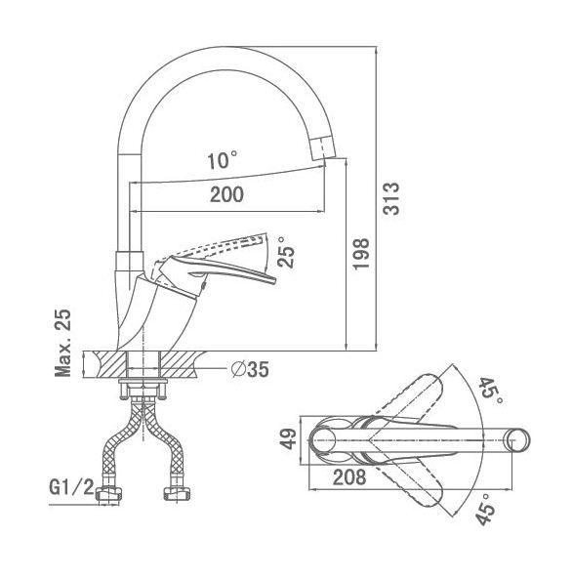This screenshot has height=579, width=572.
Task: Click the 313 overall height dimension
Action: (391, 198)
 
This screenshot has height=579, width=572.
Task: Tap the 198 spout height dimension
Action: (361, 254)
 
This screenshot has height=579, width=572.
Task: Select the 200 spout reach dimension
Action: (226, 194)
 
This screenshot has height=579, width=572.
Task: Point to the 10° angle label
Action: (222, 161)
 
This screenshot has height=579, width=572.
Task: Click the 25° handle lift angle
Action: (286, 252)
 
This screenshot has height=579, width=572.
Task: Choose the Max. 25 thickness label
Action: (62, 343)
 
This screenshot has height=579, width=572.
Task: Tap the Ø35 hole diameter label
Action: (250, 369)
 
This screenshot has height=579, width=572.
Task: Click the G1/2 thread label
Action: (72, 487)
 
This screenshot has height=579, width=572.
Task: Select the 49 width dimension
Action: (288, 439)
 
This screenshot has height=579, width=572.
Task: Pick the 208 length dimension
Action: (349, 477)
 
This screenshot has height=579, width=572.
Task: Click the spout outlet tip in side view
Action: (323, 148)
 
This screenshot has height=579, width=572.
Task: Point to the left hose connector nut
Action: (109, 494)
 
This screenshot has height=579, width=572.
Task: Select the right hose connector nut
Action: (177, 494)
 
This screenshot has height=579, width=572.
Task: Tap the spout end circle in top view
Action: (517, 440)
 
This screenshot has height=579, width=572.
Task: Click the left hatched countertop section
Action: (108, 364)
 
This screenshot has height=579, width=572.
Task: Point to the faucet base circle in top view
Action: (322, 440)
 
